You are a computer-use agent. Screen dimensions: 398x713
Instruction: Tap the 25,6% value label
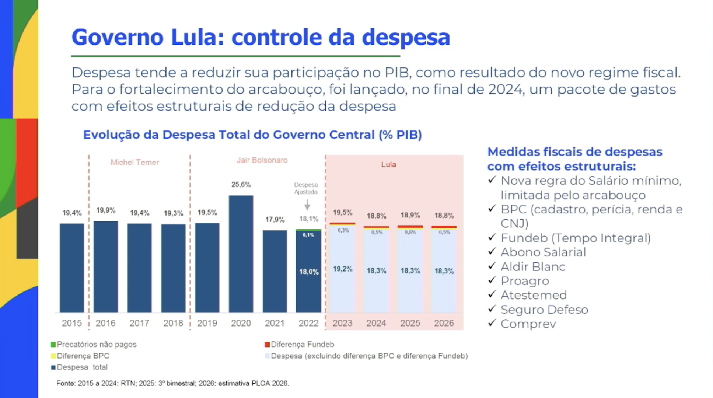coord(241,185)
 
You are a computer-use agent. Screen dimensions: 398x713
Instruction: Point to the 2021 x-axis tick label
coord(275,323)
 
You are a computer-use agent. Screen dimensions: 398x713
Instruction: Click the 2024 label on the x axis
coord(376,323)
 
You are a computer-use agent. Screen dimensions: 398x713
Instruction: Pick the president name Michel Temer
coord(135,162)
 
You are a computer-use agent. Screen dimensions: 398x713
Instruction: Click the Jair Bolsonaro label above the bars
coord(262,160)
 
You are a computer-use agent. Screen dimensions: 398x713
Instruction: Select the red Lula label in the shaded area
coord(388,164)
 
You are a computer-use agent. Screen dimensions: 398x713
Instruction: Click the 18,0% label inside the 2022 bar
coord(309,272)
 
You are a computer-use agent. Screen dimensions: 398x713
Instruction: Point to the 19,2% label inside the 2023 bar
coord(343,269)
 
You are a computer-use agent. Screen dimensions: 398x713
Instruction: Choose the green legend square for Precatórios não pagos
coord(53,345)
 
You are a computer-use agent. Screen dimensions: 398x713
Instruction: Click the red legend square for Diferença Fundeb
coord(267,345)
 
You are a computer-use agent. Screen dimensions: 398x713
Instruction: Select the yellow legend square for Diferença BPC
coord(53,356)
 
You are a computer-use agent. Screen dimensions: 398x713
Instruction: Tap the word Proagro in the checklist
coord(525,281)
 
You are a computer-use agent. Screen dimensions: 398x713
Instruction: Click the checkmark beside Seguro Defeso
coord(492,309)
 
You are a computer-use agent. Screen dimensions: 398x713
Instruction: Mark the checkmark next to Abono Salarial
coord(492,251)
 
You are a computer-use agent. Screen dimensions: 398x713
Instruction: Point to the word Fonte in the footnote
coord(65,383)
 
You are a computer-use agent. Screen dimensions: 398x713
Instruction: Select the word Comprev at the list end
coord(528,324)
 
